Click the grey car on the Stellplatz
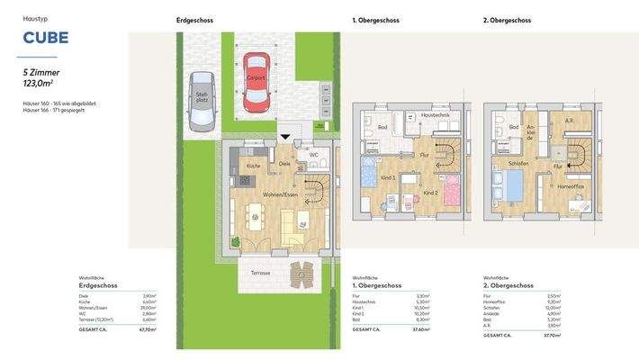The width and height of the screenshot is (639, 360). (x=201, y=98)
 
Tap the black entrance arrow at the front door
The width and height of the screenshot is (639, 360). (x=285, y=137)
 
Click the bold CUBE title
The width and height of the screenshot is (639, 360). (x=45, y=39)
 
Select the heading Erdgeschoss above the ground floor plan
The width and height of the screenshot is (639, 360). (x=195, y=20)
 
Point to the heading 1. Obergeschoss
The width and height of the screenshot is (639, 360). (x=376, y=20)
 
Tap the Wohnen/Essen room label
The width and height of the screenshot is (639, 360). (x=280, y=194)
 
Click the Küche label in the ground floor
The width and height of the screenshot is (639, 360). (x=254, y=166)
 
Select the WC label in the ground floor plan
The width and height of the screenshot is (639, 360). (x=313, y=154)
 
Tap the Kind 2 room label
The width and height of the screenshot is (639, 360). (x=430, y=193)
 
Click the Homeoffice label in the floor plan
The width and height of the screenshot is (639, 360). (x=571, y=187)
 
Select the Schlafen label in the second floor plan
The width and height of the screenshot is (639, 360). (x=518, y=165)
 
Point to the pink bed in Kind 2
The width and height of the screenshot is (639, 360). (x=453, y=190)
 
